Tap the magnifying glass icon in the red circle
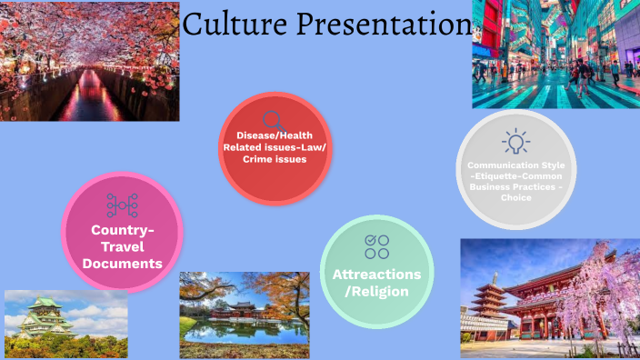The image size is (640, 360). pos(273,120)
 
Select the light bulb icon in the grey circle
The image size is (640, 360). pos(515,141)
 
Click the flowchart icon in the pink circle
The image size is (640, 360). pos(122,205)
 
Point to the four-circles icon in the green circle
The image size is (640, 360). pos(376,245)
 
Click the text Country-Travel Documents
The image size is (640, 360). pos(122,246)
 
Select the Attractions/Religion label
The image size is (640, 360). pos(376,282)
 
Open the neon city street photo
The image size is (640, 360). pos(555,54)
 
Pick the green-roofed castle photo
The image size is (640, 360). pos(65,324)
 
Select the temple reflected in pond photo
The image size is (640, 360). pos(245,314)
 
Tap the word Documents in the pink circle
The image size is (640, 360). pos(122,264)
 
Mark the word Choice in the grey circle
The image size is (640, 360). pos(515,197)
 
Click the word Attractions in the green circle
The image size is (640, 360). pos(376,274)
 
